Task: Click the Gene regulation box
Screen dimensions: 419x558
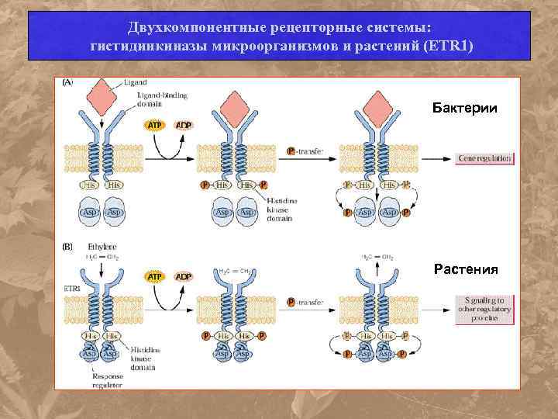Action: tap(485, 158)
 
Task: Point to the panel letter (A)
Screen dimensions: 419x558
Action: tap(68, 82)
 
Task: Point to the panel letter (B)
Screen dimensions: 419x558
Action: tap(68, 246)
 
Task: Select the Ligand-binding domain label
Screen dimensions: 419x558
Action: tap(156, 99)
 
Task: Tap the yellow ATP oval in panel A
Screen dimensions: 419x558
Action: tap(156, 125)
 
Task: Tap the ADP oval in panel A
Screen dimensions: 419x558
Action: tap(184, 125)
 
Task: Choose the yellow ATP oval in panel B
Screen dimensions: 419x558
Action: tap(156, 276)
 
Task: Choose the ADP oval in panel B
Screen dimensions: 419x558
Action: tap(184, 276)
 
